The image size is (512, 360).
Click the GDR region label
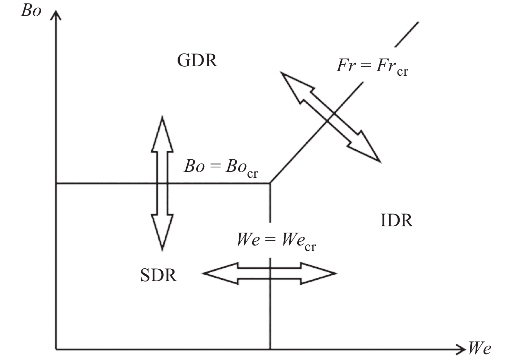(197, 60)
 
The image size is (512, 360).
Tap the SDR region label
(159, 275)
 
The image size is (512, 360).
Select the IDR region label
(397, 220)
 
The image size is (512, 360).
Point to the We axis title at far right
(479, 348)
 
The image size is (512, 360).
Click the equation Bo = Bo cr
(221, 167)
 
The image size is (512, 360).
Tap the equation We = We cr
(276, 240)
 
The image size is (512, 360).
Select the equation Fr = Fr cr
(372, 66)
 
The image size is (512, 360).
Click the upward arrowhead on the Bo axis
(56, 14)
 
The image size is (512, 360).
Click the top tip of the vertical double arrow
(162, 117)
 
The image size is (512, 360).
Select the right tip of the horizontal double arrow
(335, 274)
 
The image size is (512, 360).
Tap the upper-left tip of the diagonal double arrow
(282, 73)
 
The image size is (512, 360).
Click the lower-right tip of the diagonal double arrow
(379, 161)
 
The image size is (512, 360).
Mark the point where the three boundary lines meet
(270, 183)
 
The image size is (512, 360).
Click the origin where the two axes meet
(56, 348)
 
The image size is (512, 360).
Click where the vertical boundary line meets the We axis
(270, 348)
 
